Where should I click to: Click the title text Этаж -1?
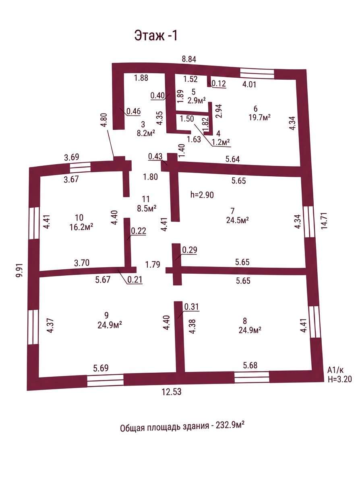pos(156,35)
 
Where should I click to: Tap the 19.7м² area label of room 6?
pos(260,118)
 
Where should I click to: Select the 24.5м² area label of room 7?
pos(238,220)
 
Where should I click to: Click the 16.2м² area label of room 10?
pos(81,227)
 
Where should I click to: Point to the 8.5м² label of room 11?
pos(147,208)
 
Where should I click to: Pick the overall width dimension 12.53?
pos(172,392)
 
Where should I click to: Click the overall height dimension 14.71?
pos(325,221)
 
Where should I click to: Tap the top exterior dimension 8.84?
pos(189,59)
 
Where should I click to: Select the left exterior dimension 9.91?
pos(20,270)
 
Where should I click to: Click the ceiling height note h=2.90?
pos(202,195)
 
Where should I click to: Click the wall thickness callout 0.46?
pos(134,111)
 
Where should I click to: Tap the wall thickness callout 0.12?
pos(219,84)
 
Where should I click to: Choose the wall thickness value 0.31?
pos(192,307)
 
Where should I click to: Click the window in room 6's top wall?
pos(257,73)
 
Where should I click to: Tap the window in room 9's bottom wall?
pos(105,380)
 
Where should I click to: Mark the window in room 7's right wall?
pos(309,221)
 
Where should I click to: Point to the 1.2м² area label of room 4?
pos(220,142)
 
